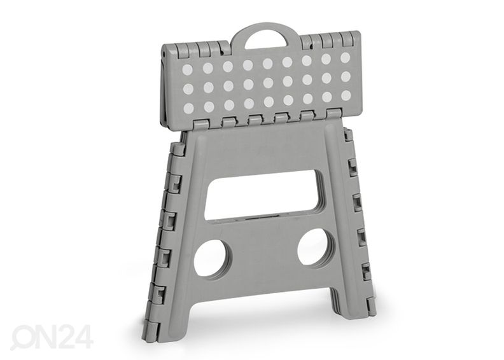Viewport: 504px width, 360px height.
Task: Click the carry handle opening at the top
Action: pyautogui.click(x=266, y=41)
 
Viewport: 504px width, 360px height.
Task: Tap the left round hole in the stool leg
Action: pyautogui.click(x=211, y=258)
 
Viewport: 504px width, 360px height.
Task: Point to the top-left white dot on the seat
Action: pyautogui.click(x=187, y=70)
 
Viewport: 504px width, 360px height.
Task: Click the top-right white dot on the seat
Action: pyautogui.click(x=345, y=58)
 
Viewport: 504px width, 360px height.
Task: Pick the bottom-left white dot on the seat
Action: pyautogui.click(x=188, y=108)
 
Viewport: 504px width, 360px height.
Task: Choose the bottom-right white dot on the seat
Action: pyautogui.click(x=346, y=95)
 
